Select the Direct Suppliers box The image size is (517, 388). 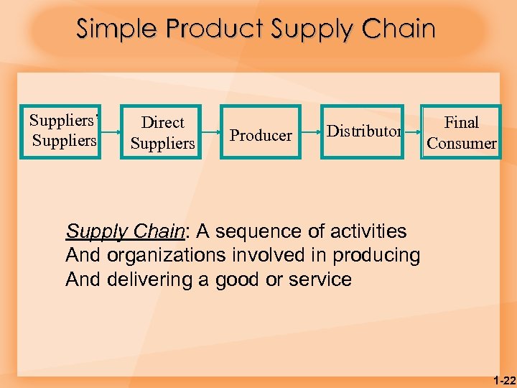(162, 133)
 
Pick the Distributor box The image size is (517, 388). (363, 131)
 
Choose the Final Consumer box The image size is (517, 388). (461, 133)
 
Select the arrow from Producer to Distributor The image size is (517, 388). (310, 133)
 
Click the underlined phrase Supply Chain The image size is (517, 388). (125, 231)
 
